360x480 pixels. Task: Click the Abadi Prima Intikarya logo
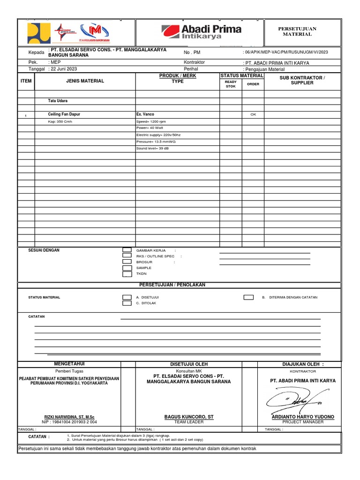202,32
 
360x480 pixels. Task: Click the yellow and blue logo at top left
38,33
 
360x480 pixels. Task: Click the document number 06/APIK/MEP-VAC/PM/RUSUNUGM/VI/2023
286,52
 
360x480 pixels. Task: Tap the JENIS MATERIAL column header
85,81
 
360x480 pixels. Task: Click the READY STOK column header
231,84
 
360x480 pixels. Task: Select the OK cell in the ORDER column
253,114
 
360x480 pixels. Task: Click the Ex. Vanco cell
145,114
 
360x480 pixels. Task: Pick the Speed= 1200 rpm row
151,121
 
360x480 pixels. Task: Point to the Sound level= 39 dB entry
152,148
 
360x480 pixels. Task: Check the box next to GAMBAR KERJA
127,250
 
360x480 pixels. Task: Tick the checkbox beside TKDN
127,274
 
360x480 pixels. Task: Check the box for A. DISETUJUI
127,297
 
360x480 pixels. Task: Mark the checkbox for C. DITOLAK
127,303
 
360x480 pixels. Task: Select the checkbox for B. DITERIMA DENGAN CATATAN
248,297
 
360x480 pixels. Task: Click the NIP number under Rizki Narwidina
69,422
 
